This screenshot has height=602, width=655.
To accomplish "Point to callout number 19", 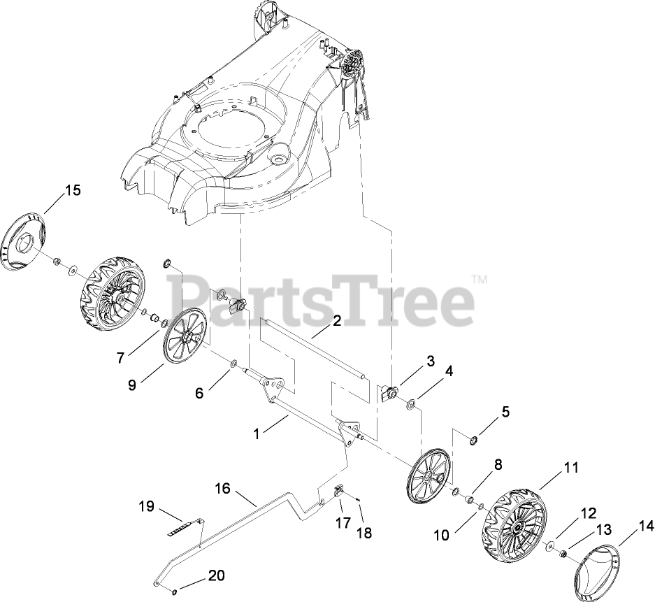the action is click(145, 506).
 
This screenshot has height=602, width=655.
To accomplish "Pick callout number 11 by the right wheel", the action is click(572, 468).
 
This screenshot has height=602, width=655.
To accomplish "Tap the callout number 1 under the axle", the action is click(257, 433).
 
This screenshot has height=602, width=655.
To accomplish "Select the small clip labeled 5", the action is click(473, 439).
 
